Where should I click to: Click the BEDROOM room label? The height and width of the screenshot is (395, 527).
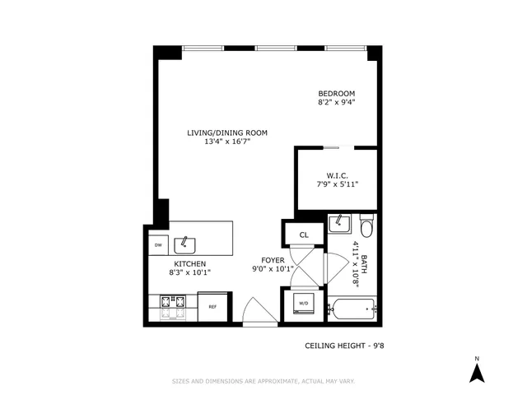(x=337, y=94)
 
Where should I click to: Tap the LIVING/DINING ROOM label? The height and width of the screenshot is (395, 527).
(x=227, y=132)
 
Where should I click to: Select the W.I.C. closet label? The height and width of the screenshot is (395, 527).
(x=337, y=174)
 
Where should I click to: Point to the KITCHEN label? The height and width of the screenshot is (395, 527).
(x=189, y=263)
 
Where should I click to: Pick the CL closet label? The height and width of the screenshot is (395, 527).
(x=303, y=235)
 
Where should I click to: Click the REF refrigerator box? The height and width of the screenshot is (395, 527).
(x=212, y=307)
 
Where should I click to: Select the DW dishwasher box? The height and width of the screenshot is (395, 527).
(x=156, y=245)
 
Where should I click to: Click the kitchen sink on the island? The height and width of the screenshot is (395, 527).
(x=188, y=243)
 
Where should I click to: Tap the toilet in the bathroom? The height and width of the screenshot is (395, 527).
(x=366, y=224)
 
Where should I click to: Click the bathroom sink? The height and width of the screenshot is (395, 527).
(x=339, y=224)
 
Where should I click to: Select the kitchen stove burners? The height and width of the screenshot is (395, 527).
(x=172, y=307)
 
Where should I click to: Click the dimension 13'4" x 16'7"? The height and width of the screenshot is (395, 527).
(x=227, y=142)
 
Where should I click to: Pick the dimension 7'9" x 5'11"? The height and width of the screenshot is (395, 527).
(x=337, y=184)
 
